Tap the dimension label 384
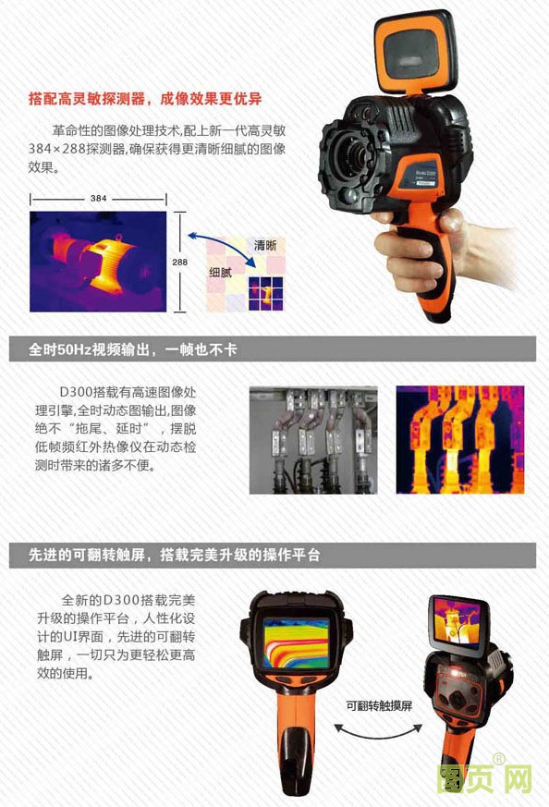98,198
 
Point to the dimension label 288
179,262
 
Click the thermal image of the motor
98,262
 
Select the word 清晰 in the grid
265,246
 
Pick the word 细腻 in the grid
220,273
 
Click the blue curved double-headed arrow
221,247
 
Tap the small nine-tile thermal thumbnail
265,294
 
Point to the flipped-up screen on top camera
415,53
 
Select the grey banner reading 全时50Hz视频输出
273,349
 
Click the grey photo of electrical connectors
313,440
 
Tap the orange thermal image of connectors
460,440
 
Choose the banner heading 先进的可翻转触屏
273,555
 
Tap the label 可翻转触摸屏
379,706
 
